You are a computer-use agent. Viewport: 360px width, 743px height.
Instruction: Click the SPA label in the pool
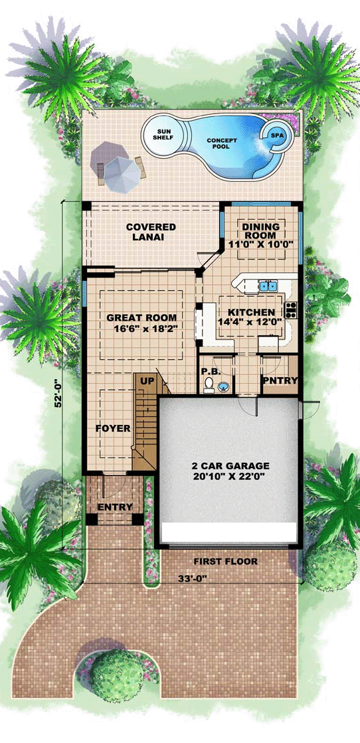[x=276, y=135]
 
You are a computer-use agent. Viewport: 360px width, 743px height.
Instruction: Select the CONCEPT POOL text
[x=218, y=143]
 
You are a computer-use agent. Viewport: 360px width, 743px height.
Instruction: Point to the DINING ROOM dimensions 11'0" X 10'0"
[x=260, y=244]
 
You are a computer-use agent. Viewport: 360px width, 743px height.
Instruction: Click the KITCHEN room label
[x=251, y=312]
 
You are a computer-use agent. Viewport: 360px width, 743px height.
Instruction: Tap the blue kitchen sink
[x=268, y=286]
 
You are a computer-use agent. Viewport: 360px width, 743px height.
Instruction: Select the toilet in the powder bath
[x=208, y=386]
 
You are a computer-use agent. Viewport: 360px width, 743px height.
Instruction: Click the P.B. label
[x=208, y=372]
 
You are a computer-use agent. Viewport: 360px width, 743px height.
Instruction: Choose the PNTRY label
[x=280, y=380]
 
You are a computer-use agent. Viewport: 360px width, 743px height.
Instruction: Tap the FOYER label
[x=113, y=428]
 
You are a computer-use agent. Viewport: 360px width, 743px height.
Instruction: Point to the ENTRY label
[x=114, y=507]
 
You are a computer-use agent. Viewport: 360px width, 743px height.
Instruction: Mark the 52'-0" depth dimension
[x=58, y=393]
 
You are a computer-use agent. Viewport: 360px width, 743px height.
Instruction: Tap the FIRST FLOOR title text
[x=225, y=562]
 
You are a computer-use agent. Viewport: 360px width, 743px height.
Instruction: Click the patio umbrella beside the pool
[x=122, y=174]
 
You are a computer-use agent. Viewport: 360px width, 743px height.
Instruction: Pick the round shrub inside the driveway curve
[x=116, y=675]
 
